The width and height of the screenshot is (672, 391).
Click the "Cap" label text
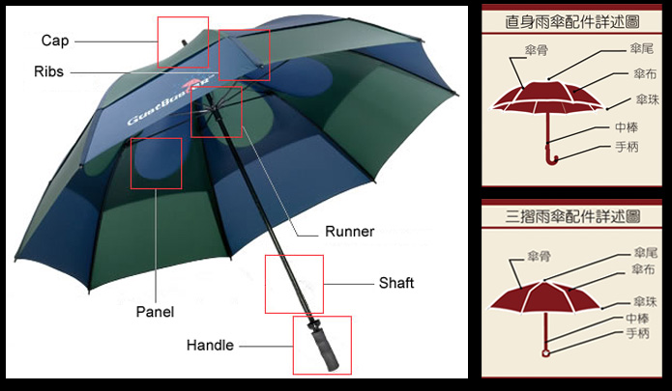click(54, 41)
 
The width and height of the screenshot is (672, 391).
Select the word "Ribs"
click(49, 72)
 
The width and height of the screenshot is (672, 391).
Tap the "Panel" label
click(155, 312)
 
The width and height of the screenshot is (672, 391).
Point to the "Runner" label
click(350, 232)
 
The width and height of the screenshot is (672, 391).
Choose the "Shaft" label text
click(396, 283)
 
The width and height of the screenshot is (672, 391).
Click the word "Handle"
click(210, 345)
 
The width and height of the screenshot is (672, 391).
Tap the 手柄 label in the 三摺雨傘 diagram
click(637, 334)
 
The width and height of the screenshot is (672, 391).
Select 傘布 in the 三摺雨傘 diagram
click(643, 269)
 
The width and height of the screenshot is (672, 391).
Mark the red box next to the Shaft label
click(295, 284)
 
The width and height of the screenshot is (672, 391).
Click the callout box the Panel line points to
click(156, 162)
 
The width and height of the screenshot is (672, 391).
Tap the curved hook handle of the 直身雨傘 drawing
click(550, 154)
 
